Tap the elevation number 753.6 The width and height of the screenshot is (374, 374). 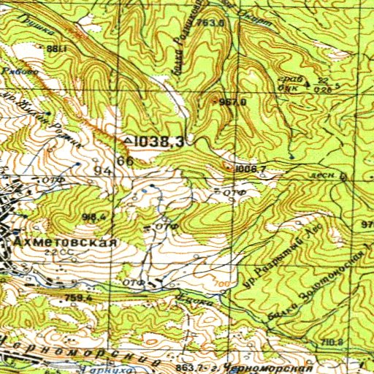[x=209, y=23]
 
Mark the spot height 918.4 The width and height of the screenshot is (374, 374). [x=96, y=216]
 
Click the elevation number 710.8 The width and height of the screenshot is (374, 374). [x=332, y=342]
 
